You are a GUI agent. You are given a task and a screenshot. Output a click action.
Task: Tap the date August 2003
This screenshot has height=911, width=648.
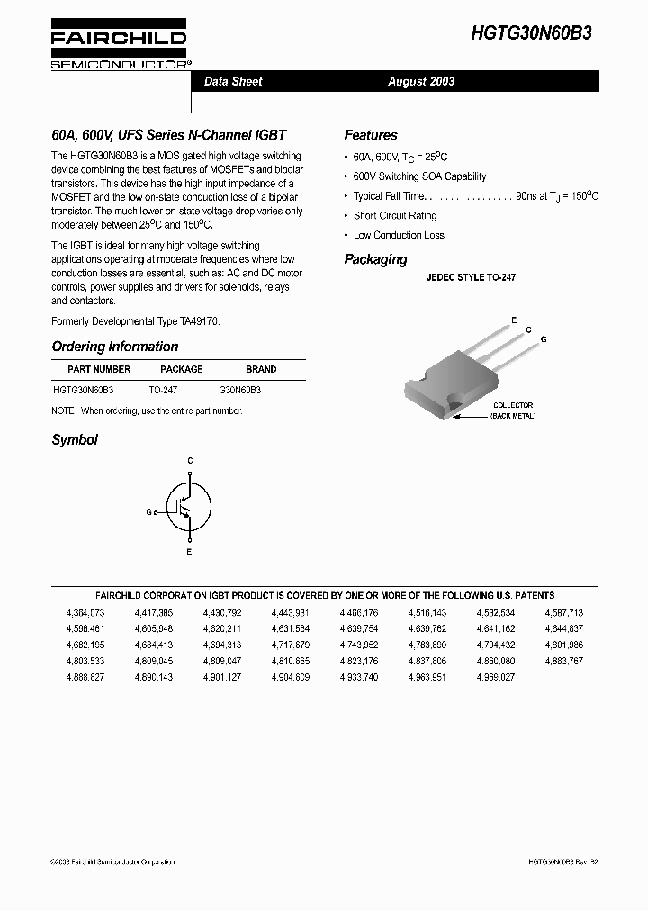pyautogui.click(x=421, y=81)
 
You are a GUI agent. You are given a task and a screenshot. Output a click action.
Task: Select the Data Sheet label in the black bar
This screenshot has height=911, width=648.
pyautogui.click(x=233, y=81)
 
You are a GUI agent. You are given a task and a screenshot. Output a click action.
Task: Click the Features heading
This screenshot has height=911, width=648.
pyautogui.click(x=370, y=135)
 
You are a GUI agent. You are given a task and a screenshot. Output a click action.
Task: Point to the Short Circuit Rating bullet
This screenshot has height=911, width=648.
pyautogui.click(x=394, y=216)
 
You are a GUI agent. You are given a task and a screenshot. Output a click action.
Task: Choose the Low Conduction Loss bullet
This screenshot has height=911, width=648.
pyautogui.click(x=398, y=235)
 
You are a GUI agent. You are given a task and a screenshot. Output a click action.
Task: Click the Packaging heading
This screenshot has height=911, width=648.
pyautogui.click(x=375, y=259)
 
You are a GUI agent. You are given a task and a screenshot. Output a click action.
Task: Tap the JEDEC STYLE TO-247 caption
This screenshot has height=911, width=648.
pyautogui.click(x=471, y=279)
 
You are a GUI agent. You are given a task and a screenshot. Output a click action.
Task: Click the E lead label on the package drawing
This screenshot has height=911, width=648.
pyautogui.click(x=514, y=320)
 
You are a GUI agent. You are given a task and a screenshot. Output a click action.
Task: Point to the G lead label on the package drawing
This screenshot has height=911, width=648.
pyautogui.click(x=544, y=338)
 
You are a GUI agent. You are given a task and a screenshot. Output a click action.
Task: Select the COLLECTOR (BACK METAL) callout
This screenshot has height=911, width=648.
pyautogui.click(x=512, y=410)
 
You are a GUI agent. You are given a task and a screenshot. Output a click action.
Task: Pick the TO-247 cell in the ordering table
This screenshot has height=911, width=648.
pyautogui.click(x=163, y=391)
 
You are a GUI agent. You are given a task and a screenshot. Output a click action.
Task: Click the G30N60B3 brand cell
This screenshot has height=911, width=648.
pyautogui.click(x=240, y=391)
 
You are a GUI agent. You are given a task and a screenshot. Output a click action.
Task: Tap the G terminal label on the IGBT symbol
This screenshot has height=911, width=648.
pyautogui.click(x=148, y=511)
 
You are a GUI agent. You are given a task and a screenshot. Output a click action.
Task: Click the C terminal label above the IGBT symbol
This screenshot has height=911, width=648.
pyautogui.click(x=189, y=461)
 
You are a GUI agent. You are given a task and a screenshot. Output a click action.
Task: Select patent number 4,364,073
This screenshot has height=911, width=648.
pyautogui.click(x=85, y=612)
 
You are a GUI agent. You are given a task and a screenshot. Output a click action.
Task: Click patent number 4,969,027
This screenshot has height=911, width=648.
pyautogui.click(x=495, y=677)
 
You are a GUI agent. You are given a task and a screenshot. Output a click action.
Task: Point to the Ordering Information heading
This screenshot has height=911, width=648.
pyautogui.click(x=114, y=347)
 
